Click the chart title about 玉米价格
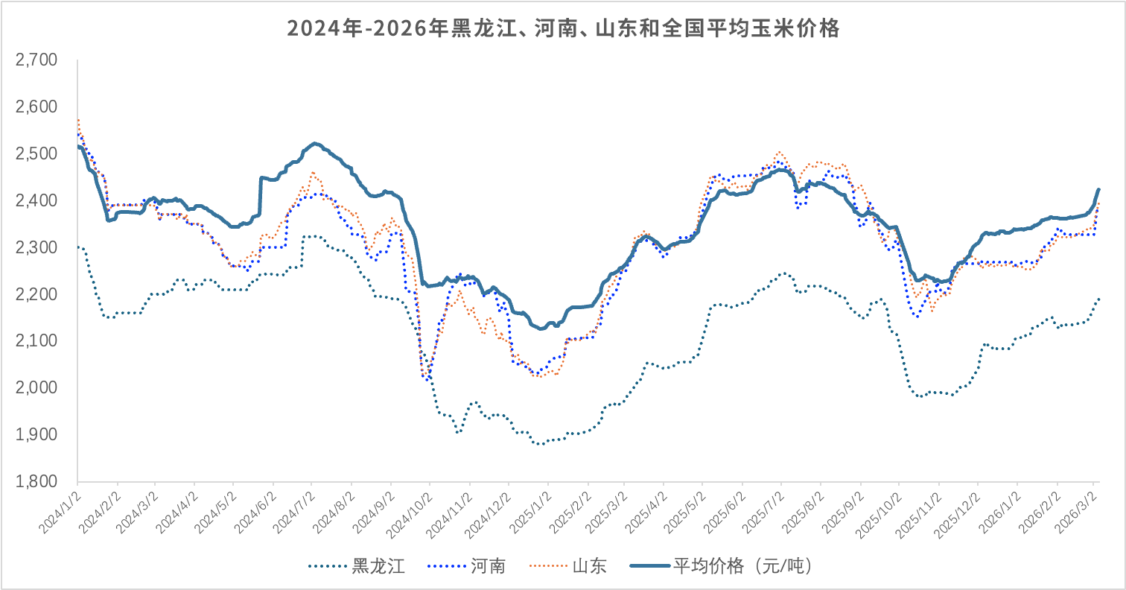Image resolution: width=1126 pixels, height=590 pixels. click(x=563, y=29)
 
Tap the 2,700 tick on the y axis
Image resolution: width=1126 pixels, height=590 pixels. click(x=36, y=60)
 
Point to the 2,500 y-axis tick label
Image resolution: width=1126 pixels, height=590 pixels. click(x=36, y=153)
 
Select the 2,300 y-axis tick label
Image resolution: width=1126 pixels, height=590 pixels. click(x=36, y=247)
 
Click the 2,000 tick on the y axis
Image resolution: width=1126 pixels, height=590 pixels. click(x=36, y=387)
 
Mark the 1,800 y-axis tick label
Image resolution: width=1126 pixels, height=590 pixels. click(x=36, y=481)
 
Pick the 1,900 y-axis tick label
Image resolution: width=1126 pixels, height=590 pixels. click(x=36, y=434)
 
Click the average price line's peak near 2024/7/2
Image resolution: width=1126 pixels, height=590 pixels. click(x=314, y=143)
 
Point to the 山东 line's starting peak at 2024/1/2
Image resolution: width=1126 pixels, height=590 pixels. click(x=78, y=120)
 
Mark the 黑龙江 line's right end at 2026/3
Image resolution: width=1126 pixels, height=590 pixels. click(x=1098, y=299)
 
